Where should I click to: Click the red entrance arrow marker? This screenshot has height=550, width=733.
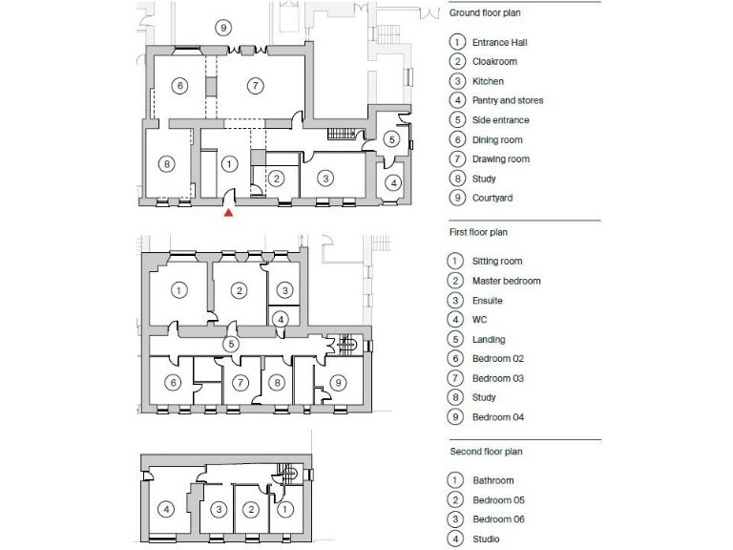pyautogui.click(x=228, y=213)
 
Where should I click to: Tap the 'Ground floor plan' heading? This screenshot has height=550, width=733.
pyautogui.click(x=485, y=13)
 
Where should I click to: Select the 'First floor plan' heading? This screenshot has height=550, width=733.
pyautogui.click(x=478, y=232)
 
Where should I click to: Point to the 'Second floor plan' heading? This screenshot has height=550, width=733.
pyautogui.click(x=486, y=452)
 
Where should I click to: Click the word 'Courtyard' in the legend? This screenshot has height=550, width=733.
pyautogui.click(x=492, y=198)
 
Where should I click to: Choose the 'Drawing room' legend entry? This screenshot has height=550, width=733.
pyautogui.click(x=500, y=159)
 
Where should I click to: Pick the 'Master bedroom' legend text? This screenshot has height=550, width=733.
pyautogui.click(x=506, y=281)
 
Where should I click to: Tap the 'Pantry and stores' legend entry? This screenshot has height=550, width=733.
pyautogui.click(x=508, y=100)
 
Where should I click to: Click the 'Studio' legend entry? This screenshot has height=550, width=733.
pyautogui.click(x=486, y=539)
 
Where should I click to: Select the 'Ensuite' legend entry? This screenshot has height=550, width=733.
pyautogui.click(x=487, y=300)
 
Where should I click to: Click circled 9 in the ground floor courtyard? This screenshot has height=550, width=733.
pyautogui.click(x=222, y=27)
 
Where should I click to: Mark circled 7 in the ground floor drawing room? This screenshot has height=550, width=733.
pyautogui.click(x=255, y=86)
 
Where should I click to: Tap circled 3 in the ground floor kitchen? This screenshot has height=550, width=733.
pyautogui.click(x=325, y=178)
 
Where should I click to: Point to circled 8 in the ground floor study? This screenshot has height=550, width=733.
pyautogui.click(x=167, y=164)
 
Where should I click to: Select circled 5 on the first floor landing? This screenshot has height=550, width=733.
pyautogui.click(x=230, y=343)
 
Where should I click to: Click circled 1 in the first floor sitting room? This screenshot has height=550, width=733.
pyautogui.click(x=178, y=289)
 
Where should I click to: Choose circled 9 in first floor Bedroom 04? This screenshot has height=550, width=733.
pyautogui.click(x=337, y=383)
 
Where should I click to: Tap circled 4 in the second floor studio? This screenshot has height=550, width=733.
pyautogui.click(x=166, y=509)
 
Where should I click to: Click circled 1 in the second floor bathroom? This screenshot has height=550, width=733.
pyautogui.click(x=284, y=509)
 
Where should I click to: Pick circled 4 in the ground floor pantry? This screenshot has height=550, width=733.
pyautogui.click(x=392, y=182)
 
